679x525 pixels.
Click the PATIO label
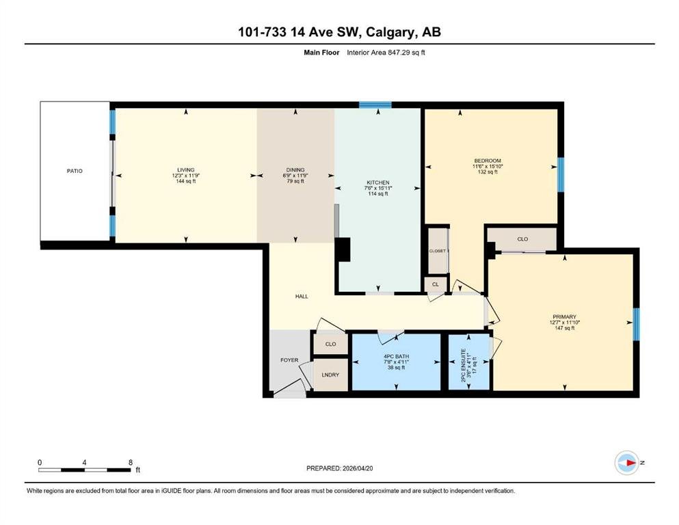75,171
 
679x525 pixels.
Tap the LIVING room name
186,170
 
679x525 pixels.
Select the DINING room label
295,170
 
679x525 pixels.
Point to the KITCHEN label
378,183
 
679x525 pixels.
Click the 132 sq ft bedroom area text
488,172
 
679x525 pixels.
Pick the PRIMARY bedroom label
564,317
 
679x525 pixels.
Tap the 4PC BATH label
396,356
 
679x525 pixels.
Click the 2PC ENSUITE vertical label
463,365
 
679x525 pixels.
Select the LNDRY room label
330,375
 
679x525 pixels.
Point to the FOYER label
289,360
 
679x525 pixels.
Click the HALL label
302,297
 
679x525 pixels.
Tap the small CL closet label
435,284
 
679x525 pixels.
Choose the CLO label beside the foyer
330,344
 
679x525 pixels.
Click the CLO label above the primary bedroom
522,239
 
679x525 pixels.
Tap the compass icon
627,463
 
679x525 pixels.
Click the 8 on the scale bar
131,463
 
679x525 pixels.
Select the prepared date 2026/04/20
358,468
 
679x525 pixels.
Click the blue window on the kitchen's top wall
375,105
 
